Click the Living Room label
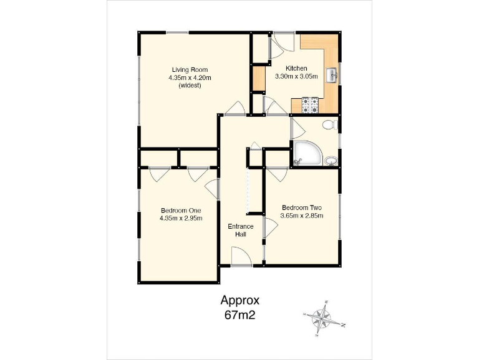click(x=190, y=69)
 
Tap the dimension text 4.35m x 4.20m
click(x=190, y=77)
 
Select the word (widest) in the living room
click(x=190, y=86)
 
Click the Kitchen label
click(x=296, y=68)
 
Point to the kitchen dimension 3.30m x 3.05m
click(x=296, y=76)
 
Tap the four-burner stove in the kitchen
click(x=311, y=106)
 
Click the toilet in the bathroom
click(x=331, y=126)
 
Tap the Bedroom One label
click(x=180, y=211)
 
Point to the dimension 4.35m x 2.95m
click(x=180, y=219)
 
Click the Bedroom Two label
click(x=302, y=207)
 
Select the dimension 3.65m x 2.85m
click(x=302, y=216)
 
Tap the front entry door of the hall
click(x=241, y=257)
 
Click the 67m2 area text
click(x=239, y=315)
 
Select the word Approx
click(x=239, y=301)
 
